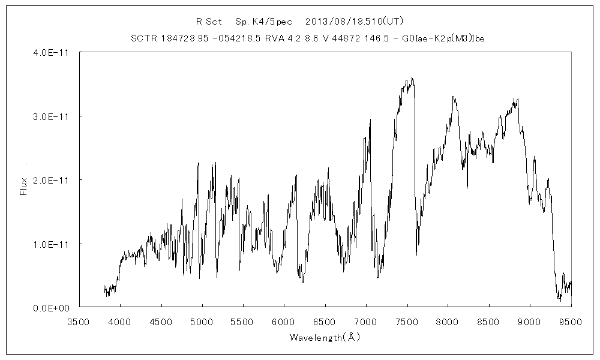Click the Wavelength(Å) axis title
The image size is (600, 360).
point(325,337)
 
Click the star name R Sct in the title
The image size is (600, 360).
point(209,22)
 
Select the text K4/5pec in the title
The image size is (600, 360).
point(271,22)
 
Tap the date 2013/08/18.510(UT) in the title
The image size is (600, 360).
point(354,22)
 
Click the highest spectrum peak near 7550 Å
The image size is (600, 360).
point(412,77)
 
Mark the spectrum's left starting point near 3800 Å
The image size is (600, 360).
point(104,286)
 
